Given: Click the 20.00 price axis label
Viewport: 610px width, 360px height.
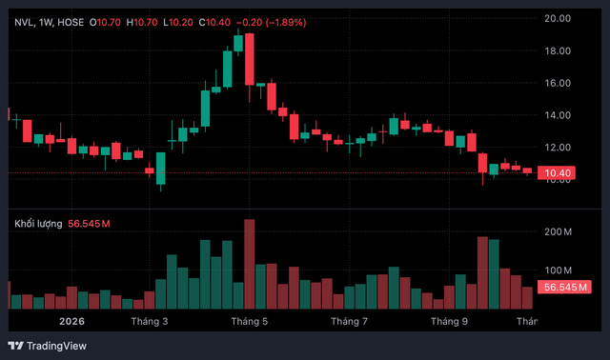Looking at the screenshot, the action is click(557, 18).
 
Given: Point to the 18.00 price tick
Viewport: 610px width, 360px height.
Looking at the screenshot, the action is click(557, 50).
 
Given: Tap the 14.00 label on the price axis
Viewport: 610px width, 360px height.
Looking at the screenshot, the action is click(557, 115).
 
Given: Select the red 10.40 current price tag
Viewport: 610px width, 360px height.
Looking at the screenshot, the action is click(556, 173).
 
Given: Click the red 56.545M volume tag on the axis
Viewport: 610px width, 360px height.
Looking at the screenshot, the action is click(564, 288).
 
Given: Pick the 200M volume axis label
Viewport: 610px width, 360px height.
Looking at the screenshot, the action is click(558, 232).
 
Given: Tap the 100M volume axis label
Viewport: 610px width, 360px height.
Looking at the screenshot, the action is click(558, 270).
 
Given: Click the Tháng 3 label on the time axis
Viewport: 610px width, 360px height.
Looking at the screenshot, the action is click(150, 322).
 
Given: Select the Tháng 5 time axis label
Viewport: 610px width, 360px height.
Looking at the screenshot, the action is click(250, 322).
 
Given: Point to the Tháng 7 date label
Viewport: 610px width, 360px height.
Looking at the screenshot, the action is click(349, 322).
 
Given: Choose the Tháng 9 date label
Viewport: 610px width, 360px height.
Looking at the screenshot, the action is click(449, 322).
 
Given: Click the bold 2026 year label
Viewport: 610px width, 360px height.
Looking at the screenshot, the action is click(72, 322).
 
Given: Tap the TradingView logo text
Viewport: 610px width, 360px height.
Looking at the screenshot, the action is click(56, 346).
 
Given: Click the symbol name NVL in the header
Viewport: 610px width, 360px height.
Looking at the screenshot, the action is click(25, 23).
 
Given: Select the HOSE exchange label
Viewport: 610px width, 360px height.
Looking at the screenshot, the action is click(71, 23).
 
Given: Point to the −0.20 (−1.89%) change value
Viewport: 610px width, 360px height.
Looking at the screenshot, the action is click(271, 23).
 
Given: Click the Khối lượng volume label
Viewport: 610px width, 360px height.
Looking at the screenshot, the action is click(38, 224).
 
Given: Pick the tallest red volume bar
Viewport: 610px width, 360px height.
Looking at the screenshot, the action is click(250, 264).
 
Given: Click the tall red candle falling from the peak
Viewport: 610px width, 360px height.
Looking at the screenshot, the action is click(250, 59).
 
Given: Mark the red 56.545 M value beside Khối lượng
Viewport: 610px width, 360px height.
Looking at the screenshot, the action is click(89, 224).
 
